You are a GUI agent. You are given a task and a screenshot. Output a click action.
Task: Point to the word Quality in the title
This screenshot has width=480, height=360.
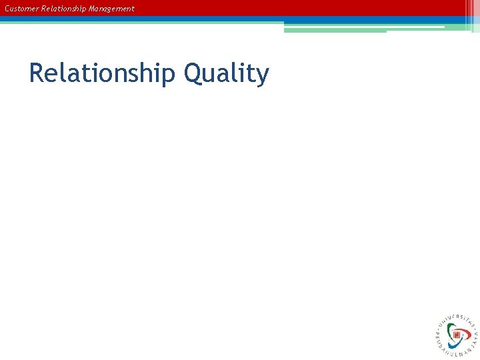(x=226, y=73)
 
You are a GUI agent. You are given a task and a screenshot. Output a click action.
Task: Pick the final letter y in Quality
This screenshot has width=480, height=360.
(x=262, y=75)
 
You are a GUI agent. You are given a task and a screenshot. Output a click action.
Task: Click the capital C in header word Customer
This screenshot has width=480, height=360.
(x=7, y=9)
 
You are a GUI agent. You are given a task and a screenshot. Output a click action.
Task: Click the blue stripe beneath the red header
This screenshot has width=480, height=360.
(x=133, y=19)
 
